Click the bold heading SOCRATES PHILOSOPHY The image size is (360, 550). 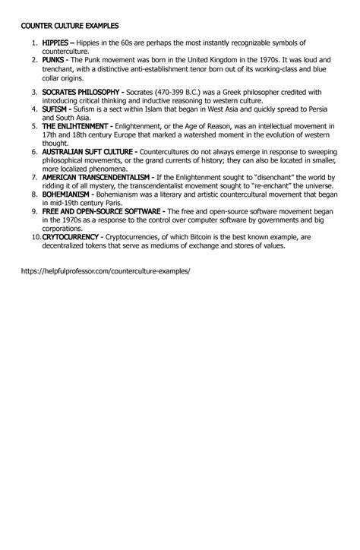pyautogui.click(x=83, y=92)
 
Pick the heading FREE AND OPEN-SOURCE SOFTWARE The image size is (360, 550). pyautogui.click(x=103, y=210)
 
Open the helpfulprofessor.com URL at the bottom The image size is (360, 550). pyautogui.click(x=104, y=270)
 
